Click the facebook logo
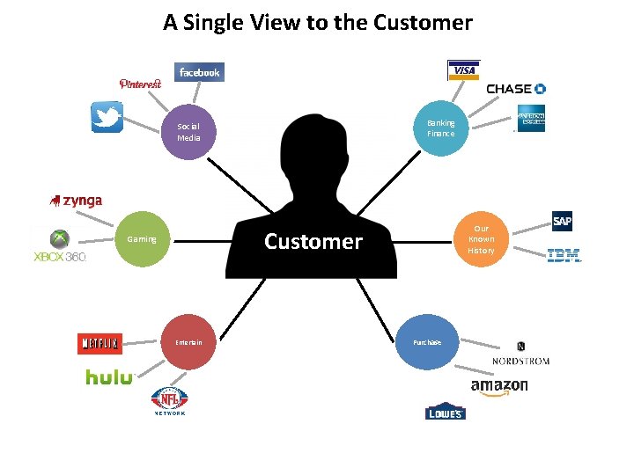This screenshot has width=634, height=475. pos(199,72)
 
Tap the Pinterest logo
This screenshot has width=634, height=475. pos(141,84)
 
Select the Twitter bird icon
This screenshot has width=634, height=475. pos(107,117)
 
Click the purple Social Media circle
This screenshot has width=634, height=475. pos(188,132)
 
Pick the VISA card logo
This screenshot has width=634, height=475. pos(464,70)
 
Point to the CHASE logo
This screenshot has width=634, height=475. pos(516,89)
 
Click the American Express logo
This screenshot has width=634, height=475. pos(531,119)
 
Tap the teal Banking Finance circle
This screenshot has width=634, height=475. pos(440,128)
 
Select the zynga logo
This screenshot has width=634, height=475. pos(77,201)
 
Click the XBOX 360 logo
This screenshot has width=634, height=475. pos(59,247)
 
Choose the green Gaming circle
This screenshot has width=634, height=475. pos(143,239)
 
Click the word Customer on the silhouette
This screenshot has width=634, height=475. pos(313,242)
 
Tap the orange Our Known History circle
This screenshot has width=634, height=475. pos(481,239)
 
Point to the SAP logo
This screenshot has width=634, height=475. pos(562,221)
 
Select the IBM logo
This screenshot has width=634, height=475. pos(564,256)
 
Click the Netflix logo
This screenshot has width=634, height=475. pos(99,343)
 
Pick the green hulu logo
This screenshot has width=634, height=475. pos(109,377)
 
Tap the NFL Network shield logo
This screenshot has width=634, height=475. pos(170,400)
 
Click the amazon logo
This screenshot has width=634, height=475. pos(499,386)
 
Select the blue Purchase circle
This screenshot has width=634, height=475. pos(426,342)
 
